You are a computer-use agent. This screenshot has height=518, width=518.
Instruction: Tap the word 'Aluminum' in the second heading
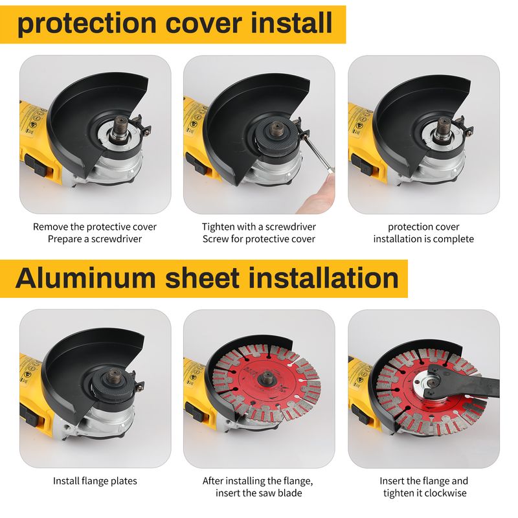pyautogui.click(x=85, y=278)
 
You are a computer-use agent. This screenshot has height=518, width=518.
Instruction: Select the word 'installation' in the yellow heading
pyautogui.click(x=323, y=278)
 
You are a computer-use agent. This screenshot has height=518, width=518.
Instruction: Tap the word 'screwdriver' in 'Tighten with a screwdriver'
pyautogui.click(x=291, y=227)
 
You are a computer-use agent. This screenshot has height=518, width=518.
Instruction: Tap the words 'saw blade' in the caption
pyautogui.click(x=281, y=493)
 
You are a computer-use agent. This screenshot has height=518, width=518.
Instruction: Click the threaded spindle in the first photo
pyautogui.click(x=120, y=128)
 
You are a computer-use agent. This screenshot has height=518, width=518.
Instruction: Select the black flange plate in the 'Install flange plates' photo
pyautogui.click(x=111, y=387)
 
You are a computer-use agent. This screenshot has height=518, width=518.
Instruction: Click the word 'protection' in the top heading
pyautogui.click(x=87, y=24)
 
